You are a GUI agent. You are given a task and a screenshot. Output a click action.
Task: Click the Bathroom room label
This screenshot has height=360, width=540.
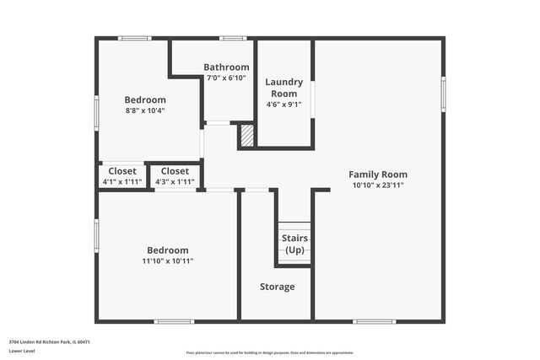click(226, 67)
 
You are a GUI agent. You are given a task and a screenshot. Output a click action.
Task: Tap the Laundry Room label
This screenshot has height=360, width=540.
click(283, 87)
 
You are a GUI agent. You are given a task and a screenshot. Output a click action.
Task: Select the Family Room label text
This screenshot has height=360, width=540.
click(377, 175)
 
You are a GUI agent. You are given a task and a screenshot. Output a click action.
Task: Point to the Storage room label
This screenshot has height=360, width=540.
click(277, 287)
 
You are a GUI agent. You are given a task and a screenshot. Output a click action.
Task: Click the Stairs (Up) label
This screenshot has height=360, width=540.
click(294, 244)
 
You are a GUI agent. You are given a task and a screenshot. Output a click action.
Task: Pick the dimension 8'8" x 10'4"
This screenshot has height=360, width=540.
click(145, 110)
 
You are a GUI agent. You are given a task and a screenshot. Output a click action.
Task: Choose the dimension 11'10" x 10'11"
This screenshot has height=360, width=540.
click(167, 261)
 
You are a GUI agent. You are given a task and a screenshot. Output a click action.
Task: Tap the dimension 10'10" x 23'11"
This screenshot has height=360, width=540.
click(377, 185)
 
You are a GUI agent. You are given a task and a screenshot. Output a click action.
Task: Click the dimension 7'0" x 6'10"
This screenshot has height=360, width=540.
click(226, 78)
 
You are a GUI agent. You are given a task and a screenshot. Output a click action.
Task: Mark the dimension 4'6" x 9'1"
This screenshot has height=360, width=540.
click(283, 105)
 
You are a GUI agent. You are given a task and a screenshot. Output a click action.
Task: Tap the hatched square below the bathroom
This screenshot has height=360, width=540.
click(247, 137)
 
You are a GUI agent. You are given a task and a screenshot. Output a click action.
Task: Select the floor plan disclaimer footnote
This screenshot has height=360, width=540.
click(270, 353)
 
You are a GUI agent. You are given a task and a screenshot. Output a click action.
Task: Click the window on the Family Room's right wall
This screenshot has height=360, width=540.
click(443, 93)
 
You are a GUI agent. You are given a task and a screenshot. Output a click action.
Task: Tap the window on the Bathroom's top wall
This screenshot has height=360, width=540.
click(233, 38)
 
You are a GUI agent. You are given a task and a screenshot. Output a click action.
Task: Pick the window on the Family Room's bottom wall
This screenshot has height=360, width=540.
click(374, 320)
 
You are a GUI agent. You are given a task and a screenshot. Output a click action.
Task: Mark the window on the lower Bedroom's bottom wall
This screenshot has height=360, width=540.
click(175, 320)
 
